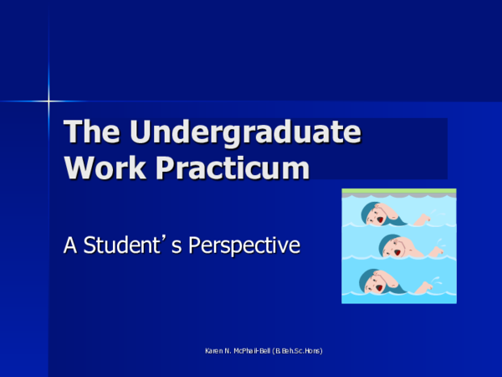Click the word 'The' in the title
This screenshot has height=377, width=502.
[90, 133]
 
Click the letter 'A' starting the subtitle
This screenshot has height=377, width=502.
[70, 245]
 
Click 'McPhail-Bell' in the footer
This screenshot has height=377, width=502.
[256, 350]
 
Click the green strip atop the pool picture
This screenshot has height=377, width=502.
[399, 192]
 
